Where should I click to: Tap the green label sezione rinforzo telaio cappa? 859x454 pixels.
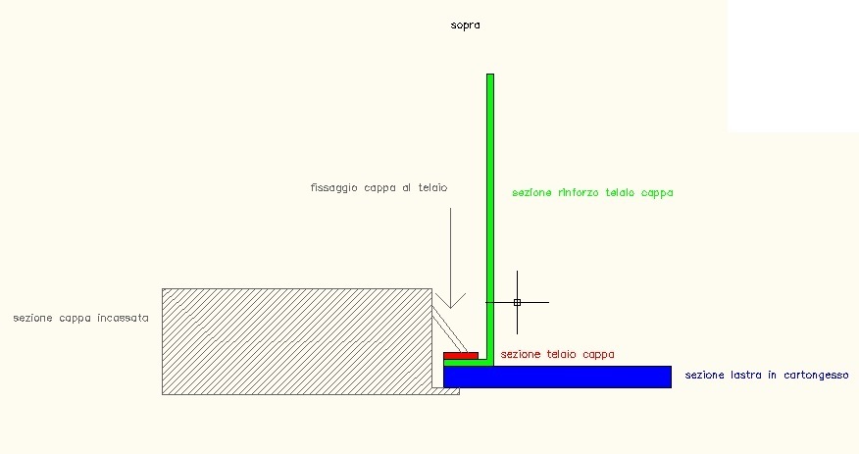(x=592, y=193)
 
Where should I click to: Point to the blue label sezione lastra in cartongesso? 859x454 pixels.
(x=767, y=376)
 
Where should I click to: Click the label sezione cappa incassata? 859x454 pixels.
(x=81, y=318)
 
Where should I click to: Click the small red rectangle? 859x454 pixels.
(x=461, y=355)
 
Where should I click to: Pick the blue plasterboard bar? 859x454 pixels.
(x=557, y=377)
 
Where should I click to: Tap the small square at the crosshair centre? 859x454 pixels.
(x=517, y=302)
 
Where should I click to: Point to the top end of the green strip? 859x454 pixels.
(x=489, y=76)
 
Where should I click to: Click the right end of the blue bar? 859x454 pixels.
(x=669, y=377)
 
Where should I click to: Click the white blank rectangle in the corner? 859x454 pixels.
(x=792, y=65)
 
